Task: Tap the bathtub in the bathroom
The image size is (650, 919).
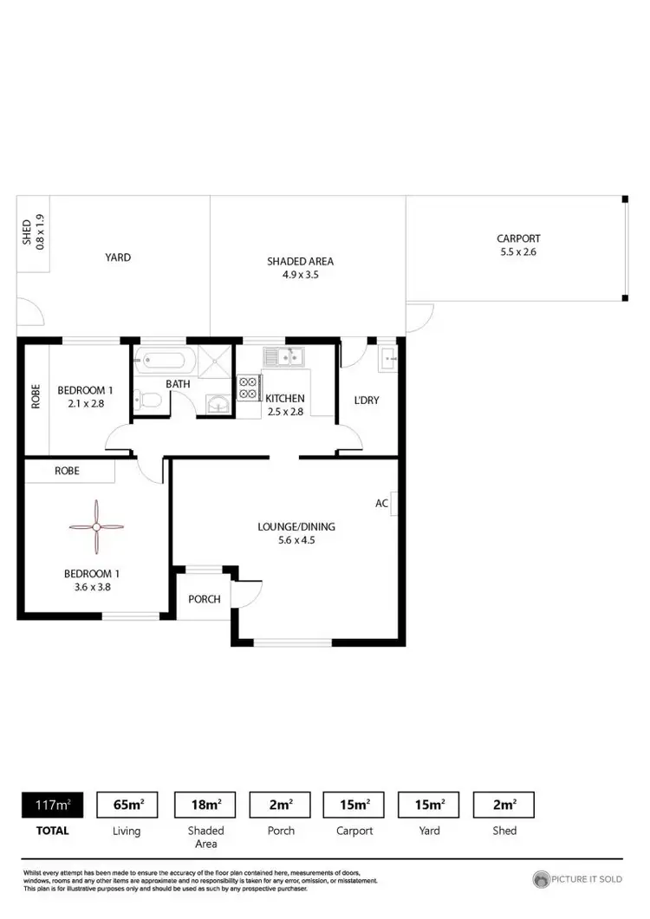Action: [x=165, y=358]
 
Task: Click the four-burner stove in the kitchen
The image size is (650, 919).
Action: [x=248, y=387]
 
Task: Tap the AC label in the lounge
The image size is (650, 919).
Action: [x=381, y=503]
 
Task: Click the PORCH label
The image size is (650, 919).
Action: [x=205, y=599]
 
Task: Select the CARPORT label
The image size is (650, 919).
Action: [x=518, y=238]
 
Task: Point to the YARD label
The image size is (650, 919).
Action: [x=118, y=257]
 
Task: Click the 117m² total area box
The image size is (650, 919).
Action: [x=46, y=805]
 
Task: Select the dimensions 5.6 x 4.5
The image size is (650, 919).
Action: [x=296, y=540]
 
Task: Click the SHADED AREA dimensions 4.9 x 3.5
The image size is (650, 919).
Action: [x=300, y=275]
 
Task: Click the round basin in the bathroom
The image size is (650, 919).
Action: [x=218, y=402]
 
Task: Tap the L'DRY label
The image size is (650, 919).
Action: [x=367, y=401]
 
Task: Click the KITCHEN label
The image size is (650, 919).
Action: [x=285, y=398]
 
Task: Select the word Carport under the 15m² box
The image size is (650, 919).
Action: [x=354, y=831]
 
